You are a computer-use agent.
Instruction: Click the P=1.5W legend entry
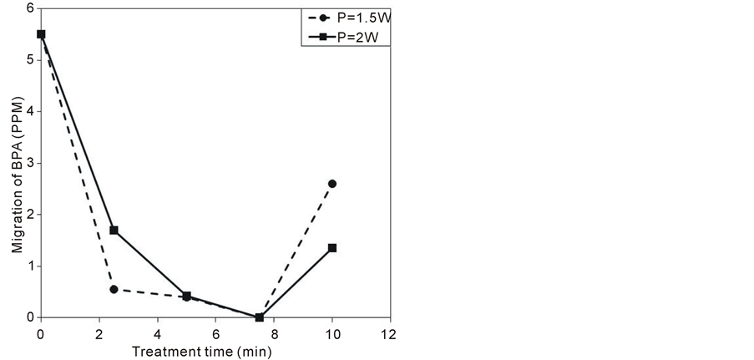coord(351,16)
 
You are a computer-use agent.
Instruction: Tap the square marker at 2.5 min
coord(114,230)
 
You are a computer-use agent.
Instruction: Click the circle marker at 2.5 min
coord(114,289)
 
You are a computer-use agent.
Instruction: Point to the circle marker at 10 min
coord(332,183)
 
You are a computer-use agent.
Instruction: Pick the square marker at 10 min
coord(332,248)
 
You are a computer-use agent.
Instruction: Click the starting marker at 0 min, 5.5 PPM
coord(41,34)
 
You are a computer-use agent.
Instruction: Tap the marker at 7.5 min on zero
coord(259,317)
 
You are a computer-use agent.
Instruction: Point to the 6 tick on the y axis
coord(31,8)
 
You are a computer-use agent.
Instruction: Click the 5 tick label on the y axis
coord(31,60)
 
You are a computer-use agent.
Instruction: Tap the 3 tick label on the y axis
coord(31,163)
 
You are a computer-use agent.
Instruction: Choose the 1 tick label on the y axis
coord(31,266)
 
